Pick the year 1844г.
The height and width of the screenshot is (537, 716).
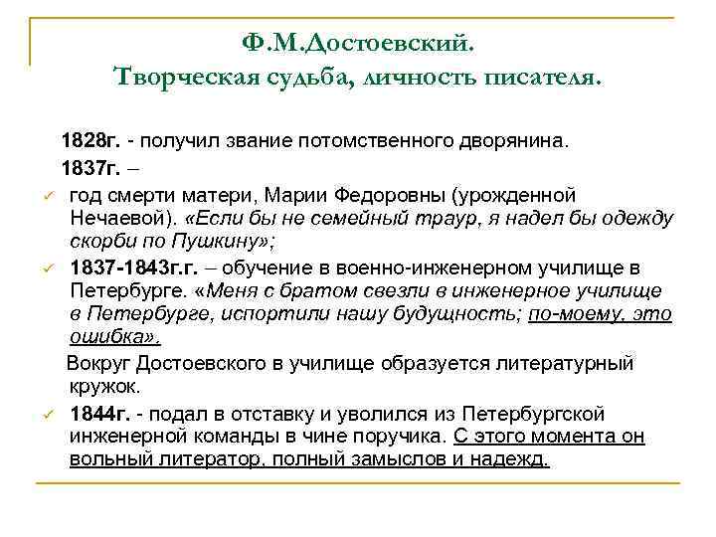pos(98,413)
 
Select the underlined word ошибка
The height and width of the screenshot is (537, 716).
pos(103,339)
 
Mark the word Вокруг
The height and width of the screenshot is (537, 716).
pos(103,364)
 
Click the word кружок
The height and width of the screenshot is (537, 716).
pos(106,388)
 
